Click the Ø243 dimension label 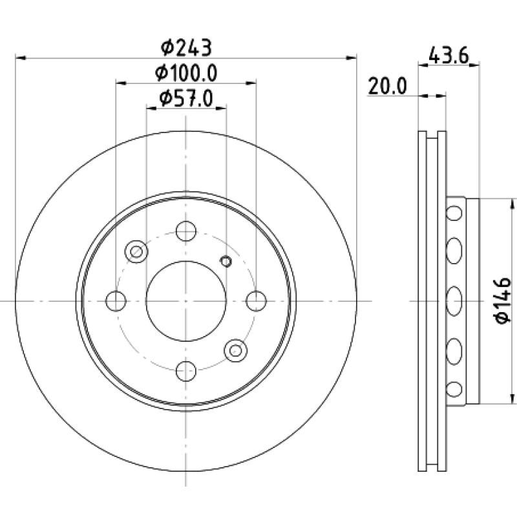pos(186,48)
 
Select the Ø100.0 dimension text pos(186,73)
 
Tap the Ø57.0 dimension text pos(186,98)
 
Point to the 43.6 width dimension pos(448,56)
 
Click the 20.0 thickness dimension pos(387,86)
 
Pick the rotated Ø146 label pos(503,301)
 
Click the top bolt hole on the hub pos(186,231)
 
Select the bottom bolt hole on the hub pos(186,371)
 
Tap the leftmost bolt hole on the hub pos(116,301)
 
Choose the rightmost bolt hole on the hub pos(256,301)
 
